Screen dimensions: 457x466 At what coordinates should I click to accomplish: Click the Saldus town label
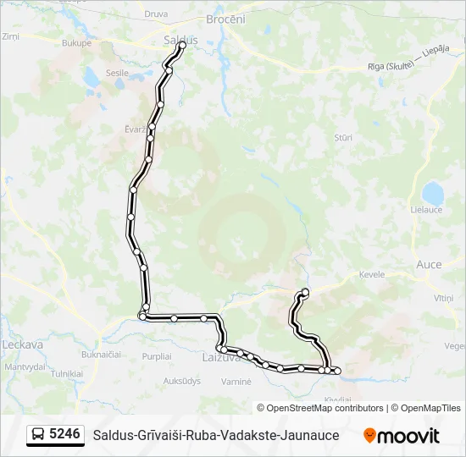point(180,40)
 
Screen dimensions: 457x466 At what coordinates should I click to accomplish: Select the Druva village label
point(156,14)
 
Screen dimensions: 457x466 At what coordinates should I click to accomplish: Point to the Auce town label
point(429,264)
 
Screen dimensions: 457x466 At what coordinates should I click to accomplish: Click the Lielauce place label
point(426,209)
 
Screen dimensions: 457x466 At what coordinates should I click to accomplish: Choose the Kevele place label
point(371,274)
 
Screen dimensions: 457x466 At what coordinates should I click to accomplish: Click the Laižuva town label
point(222,358)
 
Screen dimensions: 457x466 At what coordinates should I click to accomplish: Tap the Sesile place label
point(116,73)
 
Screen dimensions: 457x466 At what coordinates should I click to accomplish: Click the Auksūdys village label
point(181,381)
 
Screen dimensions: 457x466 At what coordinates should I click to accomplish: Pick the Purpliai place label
point(157,356)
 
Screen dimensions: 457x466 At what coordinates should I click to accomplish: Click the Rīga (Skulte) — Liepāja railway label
point(408,66)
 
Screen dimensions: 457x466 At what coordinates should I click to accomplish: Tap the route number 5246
point(64,434)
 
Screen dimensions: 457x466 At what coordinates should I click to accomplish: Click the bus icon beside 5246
point(37,435)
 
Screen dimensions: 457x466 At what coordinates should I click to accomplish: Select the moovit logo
point(402,436)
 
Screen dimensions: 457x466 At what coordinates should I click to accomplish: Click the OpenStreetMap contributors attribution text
point(319,408)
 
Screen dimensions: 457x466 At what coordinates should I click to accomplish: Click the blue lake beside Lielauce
point(433,192)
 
